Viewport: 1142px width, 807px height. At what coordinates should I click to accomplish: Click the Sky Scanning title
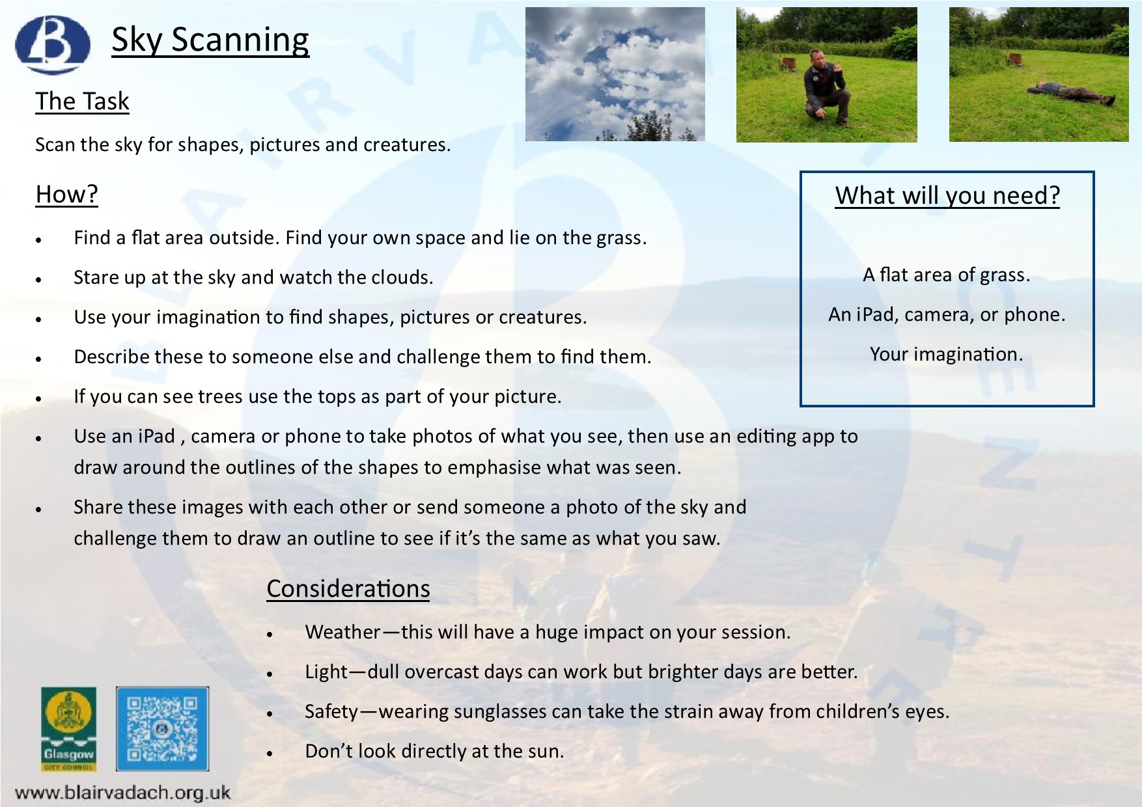[x=210, y=40]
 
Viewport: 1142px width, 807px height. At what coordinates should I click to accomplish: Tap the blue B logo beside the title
[x=53, y=44]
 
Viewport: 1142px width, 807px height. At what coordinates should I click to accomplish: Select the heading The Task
[x=82, y=102]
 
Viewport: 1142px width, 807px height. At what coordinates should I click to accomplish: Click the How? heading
[x=66, y=194]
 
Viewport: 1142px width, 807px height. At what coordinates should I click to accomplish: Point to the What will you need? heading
[x=947, y=195]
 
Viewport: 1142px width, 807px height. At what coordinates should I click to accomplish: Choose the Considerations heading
[x=348, y=588]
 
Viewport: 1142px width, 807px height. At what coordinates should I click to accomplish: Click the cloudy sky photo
[x=615, y=74]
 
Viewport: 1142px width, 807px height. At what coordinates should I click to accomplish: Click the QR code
[x=163, y=728]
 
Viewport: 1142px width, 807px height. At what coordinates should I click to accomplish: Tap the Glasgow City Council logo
[x=68, y=729]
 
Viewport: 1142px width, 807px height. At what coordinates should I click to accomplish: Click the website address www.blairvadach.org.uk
[x=122, y=792]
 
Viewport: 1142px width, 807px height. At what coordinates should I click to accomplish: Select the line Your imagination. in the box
[x=947, y=354]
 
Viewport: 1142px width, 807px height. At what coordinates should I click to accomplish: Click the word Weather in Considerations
[x=342, y=632]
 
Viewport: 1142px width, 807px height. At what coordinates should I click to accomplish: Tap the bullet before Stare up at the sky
[x=39, y=280]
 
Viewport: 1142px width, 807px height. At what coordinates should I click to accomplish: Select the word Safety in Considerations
[x=331, y=711]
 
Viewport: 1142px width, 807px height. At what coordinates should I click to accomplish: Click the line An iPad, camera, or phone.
[x=947, y=315]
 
